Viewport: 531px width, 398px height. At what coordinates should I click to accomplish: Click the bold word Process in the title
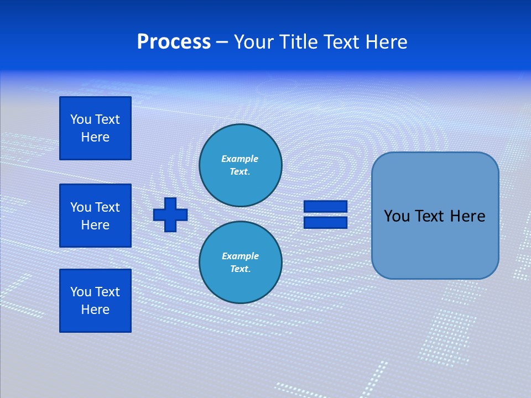coord(174,42)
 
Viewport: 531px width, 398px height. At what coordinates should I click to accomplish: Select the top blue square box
coord(95,128)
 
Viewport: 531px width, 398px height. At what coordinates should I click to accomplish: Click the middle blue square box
coord(95,216)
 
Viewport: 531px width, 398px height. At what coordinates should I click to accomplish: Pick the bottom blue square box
coord(95,300)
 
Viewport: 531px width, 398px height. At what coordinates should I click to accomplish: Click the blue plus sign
coord(170,214)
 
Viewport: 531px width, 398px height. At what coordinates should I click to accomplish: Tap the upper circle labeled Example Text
coord(241,165)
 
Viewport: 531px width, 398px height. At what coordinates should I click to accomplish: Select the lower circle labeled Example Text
coord(241,263)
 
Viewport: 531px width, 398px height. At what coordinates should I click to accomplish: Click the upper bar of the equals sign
coord(325,206)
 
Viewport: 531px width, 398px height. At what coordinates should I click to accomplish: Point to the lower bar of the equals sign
coord(325,223)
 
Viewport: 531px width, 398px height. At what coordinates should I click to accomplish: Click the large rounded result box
coord(435,243)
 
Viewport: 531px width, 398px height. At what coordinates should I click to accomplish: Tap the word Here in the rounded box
coord(467,216)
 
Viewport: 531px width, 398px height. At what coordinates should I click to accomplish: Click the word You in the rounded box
coord(397,216)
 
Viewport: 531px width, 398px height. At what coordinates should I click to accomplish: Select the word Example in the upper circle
coord(240,159)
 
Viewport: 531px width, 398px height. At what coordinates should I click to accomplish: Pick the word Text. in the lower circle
coord(240,269)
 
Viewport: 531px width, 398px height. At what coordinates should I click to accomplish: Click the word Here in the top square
coord(95,137)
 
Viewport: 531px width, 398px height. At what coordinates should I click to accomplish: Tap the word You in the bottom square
coord(81,292)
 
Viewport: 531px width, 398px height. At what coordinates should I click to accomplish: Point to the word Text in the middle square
coord(107,207)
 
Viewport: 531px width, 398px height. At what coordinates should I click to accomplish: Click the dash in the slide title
coord(222,42)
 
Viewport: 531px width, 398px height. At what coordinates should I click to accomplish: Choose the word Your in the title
coord(254,42)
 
